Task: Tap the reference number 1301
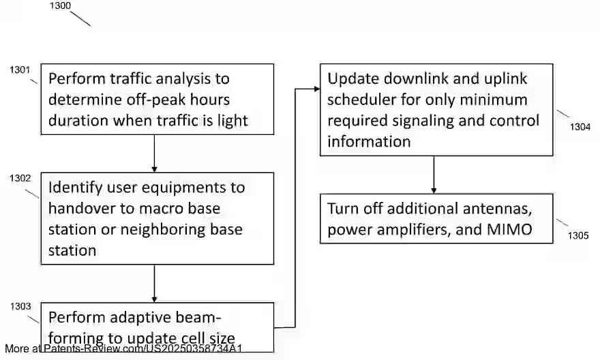(20, 70)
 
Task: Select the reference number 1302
(20, 178)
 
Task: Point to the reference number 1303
(20, 306)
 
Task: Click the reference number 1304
(580, 126)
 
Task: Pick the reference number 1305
(578, 236)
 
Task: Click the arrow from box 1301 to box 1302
(155, 153)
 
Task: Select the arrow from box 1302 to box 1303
(155, 283)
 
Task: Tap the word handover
(80, 208)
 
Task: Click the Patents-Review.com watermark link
(143, 348)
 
